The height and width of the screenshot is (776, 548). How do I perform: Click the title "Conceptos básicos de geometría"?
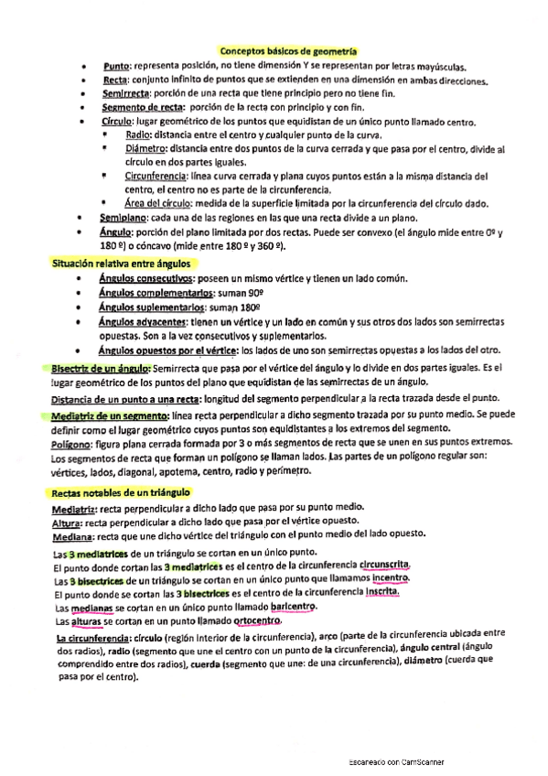coord(288,53)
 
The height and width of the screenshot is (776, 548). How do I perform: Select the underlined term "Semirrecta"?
coord(126,94)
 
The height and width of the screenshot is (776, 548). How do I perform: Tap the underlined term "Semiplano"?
coord(124,218)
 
